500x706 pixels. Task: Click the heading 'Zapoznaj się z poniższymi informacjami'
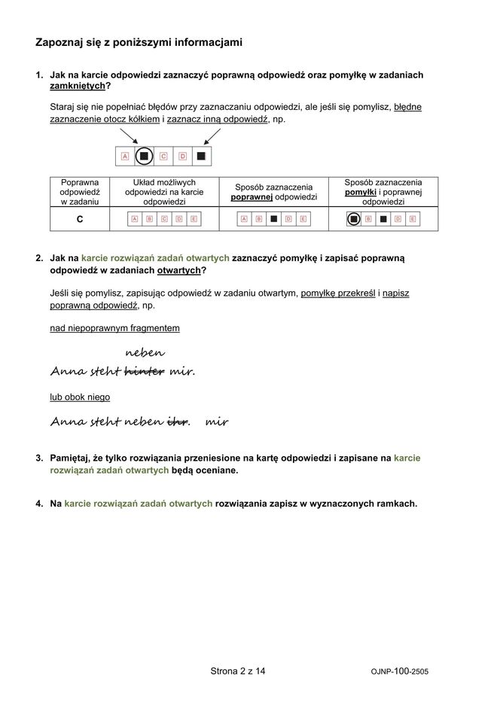pos(139,43)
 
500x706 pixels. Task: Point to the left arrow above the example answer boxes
pos(129,136)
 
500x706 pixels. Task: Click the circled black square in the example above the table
pos(144,157)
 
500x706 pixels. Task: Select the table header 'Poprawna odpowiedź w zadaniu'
pos(79,192)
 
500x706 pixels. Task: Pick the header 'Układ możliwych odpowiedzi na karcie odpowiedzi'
pos(163,192)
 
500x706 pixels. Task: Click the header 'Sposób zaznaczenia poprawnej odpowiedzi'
pos(273,192)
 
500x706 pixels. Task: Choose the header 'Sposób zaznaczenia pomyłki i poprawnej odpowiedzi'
pos(383,192)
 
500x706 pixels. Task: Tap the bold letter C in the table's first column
pos(79,219)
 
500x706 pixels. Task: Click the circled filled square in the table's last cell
pos(352,219)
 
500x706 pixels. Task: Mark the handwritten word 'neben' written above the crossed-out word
pos(145,352)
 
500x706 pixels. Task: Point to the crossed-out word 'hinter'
pos(144,372)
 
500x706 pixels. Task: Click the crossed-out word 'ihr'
pos(177,422)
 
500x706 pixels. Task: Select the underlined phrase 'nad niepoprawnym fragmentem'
pos(114,328)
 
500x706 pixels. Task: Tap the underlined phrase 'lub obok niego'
pos(80,397)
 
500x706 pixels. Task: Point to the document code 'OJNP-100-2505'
pos(400,671)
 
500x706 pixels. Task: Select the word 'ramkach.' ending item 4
pos(396,504)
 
